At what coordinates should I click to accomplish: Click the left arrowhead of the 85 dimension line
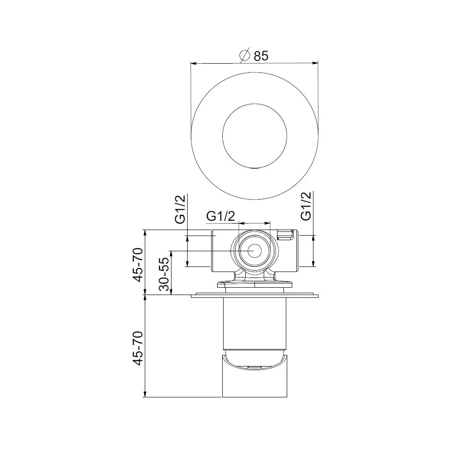pyautogui.click(x=194, y=63)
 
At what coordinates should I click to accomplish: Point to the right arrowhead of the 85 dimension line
pyautogui.click(x=316, y=63)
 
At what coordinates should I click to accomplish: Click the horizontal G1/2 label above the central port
pyautogui.click(x=221, y=216)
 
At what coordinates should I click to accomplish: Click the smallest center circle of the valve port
pyautogui.click(x=254, y=251)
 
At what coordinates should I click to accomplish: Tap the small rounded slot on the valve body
pyautogui.click(x=285, y=235)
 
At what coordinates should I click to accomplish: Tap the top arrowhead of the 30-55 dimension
pyautogui.click(x=171, y=253)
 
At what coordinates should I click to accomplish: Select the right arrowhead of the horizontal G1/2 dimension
pyautogui.click(x=268, y=224)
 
